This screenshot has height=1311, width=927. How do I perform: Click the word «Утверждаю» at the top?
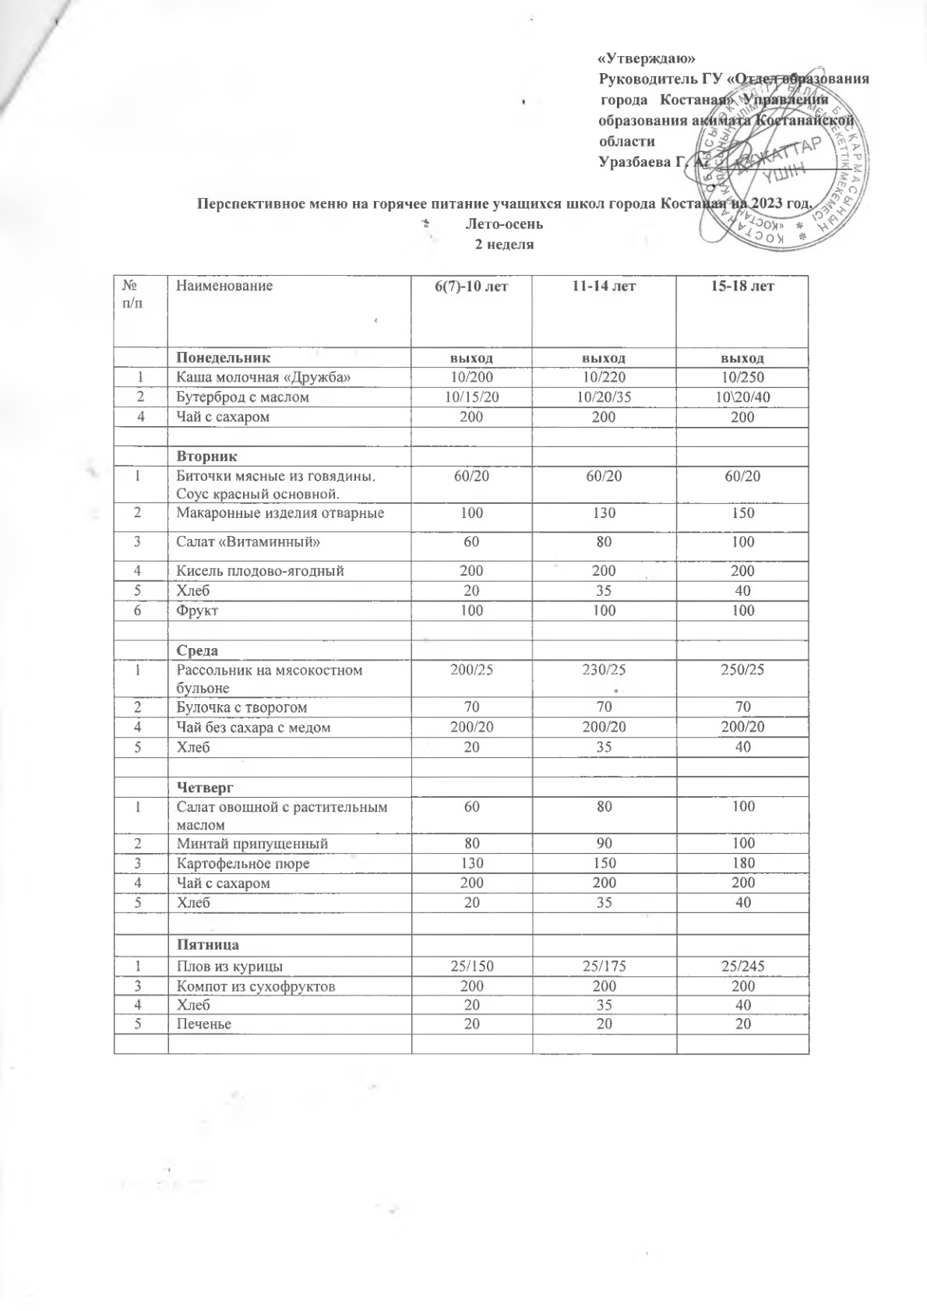(646, 59)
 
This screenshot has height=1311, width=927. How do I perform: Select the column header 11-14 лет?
(604, 286)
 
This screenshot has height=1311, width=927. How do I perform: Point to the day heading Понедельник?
(224, 358)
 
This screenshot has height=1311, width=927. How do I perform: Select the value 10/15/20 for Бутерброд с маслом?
(471, 397)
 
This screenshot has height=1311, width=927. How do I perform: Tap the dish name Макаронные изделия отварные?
(280, 513)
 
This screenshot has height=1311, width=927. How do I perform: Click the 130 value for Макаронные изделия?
(604, 513)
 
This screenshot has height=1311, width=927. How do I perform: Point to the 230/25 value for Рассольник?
(604, 670)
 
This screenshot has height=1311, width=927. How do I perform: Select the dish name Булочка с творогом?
(241, 707)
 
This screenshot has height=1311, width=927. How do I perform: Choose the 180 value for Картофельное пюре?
(743, 863)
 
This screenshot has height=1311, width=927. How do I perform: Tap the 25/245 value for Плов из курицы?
(743, 967)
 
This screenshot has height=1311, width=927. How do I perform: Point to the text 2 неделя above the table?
(505, 244)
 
